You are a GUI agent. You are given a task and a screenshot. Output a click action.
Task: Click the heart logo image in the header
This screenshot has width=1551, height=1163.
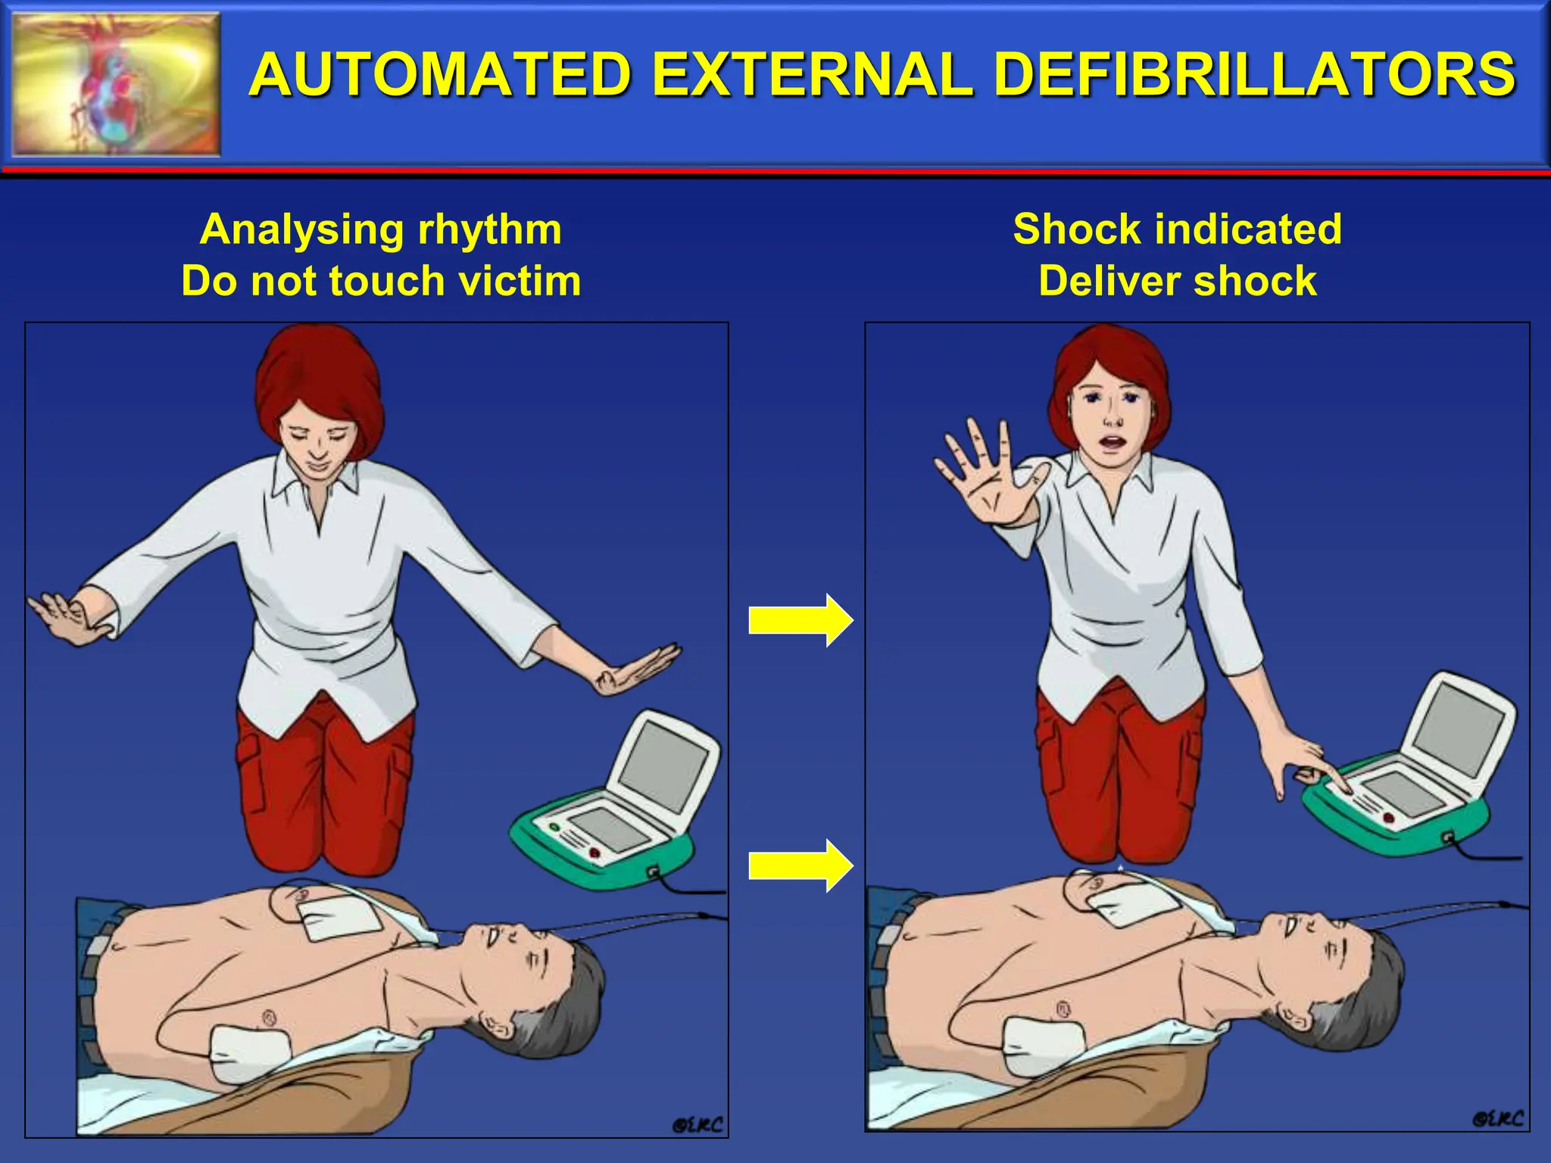pos(117,84)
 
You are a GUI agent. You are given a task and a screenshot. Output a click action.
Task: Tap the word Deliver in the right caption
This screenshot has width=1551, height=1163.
pos(1109,281)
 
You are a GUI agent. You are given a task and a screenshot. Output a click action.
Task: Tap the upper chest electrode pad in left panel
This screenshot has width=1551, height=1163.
pos(339,916)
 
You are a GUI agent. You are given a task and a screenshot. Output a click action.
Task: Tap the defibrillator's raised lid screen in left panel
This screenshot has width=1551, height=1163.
pos(666,765)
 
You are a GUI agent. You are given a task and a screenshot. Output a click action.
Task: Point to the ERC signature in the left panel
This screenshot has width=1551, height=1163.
pos(697,1125)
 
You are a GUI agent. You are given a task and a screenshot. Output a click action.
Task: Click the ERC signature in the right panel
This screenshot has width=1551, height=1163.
pos(1497,1118)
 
